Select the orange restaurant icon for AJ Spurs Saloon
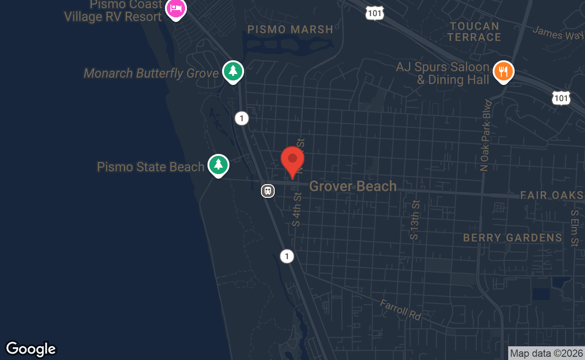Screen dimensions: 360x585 coord(504,72)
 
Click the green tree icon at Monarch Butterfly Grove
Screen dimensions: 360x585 coord(233,71)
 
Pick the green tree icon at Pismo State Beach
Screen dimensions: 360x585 coord(218,164)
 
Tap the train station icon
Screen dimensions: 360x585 coord(268,191)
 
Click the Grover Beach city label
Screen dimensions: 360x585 coord(353,186)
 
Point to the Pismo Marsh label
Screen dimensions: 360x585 coord(290,30)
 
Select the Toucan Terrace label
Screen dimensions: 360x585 coord(474,32)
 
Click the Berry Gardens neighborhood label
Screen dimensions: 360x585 coord(512,238)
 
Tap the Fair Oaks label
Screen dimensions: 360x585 coord(552,196)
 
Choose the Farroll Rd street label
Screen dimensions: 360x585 coord(400,309)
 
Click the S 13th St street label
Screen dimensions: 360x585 coord(415,220)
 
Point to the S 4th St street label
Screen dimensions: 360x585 coord(297,210)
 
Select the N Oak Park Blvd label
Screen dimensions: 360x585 coord(485,135)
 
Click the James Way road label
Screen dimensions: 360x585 coord(558,33)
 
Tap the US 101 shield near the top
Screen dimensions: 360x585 coord(374,13)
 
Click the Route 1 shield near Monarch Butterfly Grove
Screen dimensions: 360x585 coord(241,119)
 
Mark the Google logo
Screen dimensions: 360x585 coord(31,349)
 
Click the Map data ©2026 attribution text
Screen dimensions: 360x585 coord(546,353)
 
